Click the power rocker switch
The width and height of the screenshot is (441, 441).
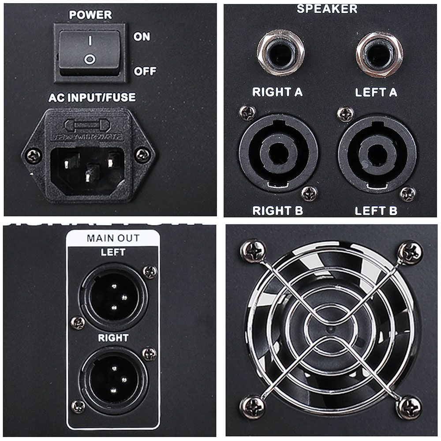(x=89, y=52)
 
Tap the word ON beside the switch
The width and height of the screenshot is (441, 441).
(x=142, y=37)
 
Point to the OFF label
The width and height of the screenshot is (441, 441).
(x=145, y=71)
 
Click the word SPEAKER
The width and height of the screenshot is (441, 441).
(x=327, y=8)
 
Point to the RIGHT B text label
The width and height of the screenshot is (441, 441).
(x=278, y=210)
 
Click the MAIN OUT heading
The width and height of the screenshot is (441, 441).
(x=113, y=238)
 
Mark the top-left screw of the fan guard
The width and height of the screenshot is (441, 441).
(x=253, y=251)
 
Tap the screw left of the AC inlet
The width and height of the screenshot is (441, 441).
(x=33, y=155)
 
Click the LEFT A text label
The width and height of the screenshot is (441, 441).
(x=376, y=92)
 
